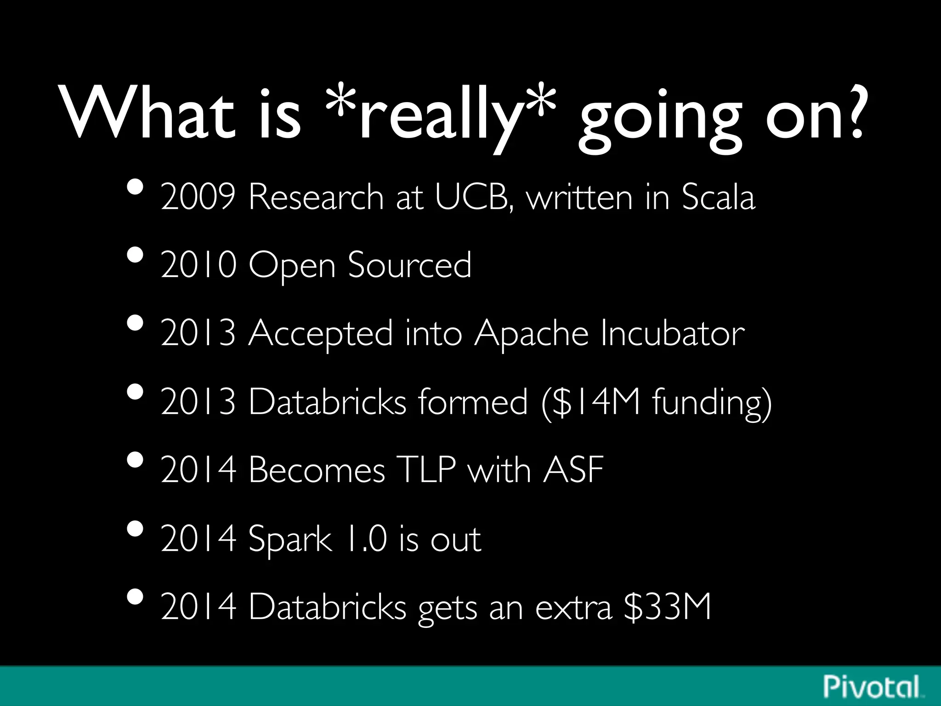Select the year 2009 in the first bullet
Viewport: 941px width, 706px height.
(x=198, y=197)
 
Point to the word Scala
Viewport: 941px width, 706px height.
(x=718, y=197)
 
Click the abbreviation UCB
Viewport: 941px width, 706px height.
(x=473, y=197)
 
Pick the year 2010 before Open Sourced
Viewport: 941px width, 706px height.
(x=198, y=265)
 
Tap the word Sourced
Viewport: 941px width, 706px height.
(x=409, y=265)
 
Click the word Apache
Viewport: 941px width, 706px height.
(x=531, y=333)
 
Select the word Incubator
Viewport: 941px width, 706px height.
(x=672, y=333)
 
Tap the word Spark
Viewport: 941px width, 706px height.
(x=289, y=539)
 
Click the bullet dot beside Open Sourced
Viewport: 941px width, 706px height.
(x=135, y=255)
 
